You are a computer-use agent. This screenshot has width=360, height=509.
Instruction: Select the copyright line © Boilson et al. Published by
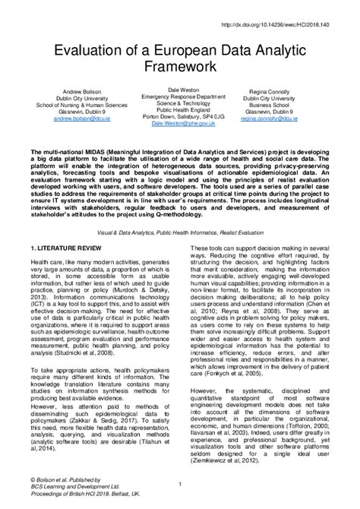[x=60, y=479]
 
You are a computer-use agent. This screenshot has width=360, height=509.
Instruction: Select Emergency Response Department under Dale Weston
[x=179, y=96]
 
